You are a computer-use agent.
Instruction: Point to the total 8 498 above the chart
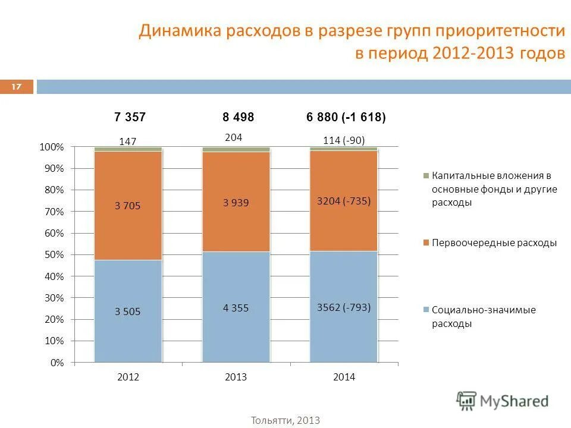(238, 118)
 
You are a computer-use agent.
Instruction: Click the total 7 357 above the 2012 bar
(130, 118)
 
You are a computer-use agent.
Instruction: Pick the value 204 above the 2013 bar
(233, 137)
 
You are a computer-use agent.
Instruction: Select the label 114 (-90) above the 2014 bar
(343, 141)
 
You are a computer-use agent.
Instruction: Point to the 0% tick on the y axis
(57, 363)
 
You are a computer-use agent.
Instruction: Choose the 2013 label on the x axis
(236, 377)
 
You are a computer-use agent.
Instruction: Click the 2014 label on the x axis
(344, 377)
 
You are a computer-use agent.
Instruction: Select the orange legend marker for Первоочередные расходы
(426, 243)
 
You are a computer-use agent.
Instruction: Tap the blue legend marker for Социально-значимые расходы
(426, 310)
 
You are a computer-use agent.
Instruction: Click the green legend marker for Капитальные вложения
(426, 176)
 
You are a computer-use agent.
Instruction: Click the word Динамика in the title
(175, 31)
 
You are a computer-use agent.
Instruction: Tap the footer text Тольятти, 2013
(285, 420)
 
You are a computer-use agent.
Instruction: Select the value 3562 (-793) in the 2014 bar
(343, 307)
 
